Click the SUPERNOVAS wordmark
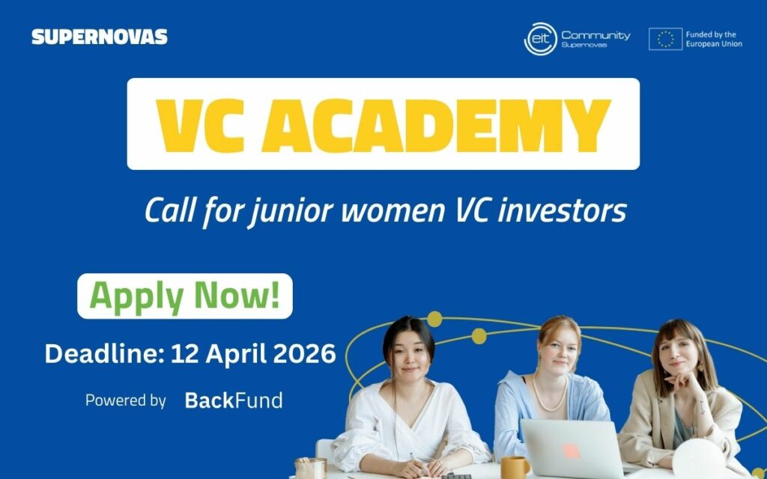point(100,37)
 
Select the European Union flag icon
point(665,39)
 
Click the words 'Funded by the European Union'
point(714,39)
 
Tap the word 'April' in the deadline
point(232,353)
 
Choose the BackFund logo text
point(234,400)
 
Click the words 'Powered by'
point(125,400)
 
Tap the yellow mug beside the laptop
point(515,466)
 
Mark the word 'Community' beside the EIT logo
point(595,34)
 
